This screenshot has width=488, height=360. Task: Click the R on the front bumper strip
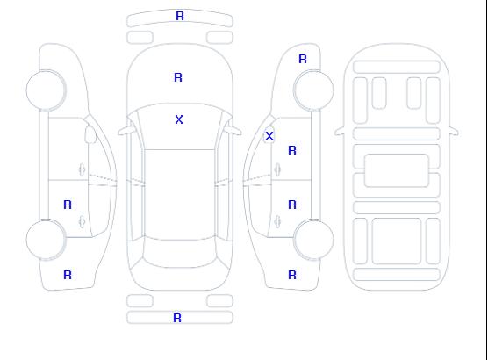tap(180, 16)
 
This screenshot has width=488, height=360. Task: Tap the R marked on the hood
tap(178, 77)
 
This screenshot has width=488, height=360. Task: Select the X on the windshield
tap(179, 119)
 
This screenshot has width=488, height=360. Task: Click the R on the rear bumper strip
tap(177, 318)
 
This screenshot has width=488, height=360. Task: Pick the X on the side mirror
tap(269, 136)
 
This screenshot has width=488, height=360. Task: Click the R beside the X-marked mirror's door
tap(292, 150)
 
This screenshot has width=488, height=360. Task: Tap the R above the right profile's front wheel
tap(303, 59)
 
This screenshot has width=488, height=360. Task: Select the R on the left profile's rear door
tap(68, 205)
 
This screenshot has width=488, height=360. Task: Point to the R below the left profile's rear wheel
tap(68, 275)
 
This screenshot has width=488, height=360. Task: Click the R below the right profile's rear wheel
tap(292, 275)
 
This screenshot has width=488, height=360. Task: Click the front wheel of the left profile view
tap(46, 90)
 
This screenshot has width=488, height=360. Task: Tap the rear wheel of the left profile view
tap(46, 240)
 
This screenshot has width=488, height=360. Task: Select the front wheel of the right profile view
tap(313, 90)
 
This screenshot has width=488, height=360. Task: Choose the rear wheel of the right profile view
tap(313, 240)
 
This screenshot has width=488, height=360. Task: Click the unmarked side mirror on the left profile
tap(90, 134)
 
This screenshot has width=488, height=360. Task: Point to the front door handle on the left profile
tap(82, 169)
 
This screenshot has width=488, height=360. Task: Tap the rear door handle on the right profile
tap(277, 221)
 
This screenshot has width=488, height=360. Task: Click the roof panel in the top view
tap(180, 195)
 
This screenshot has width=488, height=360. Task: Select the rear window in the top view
tap(180, 253)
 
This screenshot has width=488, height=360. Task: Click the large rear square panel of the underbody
tap(397, 241)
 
